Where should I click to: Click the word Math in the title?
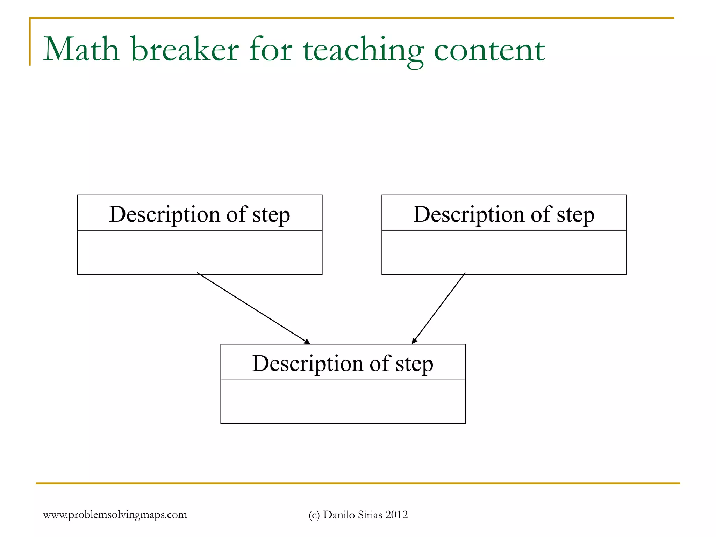click(x=81, y=50)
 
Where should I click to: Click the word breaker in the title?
click(x=185, y=50)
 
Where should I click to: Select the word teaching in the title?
click(x=364, y=51)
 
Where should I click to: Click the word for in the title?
click(x=271, y=50)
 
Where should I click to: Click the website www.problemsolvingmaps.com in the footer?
click(x=115, y=515)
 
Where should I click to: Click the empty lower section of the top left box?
click(x=200, y=252)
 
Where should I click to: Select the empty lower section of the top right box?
click(x=504, y=252)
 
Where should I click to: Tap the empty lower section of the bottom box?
click(x=343, y=402)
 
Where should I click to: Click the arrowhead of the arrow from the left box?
click(x=307, y=342)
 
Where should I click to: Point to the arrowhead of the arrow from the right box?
click(x=414, y=341)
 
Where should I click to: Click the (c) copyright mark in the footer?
click(x=314, y=515)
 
